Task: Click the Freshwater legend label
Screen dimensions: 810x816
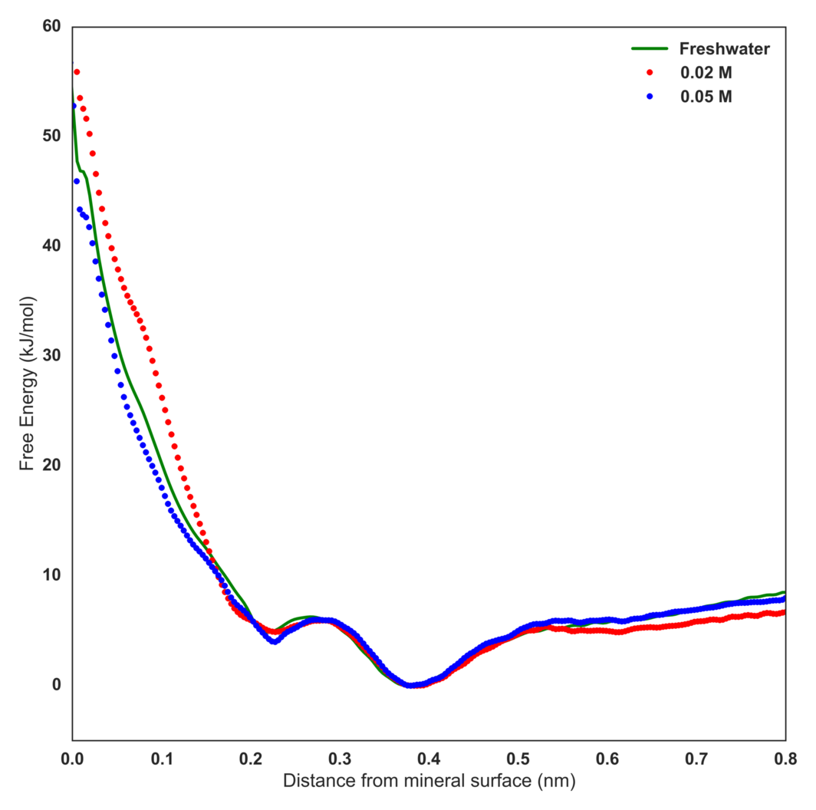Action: pyautogui.click(x=724, y=49)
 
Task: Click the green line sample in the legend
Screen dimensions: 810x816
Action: pyautogui.click(x=648, y=49)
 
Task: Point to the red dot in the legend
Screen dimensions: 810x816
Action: pyautogui.click(x=649, y=73)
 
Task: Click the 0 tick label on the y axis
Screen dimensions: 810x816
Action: pyautogui.click(x=55, y=684)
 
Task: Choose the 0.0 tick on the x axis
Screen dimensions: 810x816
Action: pyautogui.click(x=72, y=759)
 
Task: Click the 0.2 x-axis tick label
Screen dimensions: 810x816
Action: pyautogui.click(x=251, y=759)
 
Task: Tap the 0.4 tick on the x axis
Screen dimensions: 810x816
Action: pyautogui.click(x=429, y=759)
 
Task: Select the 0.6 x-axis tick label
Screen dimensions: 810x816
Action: pyautogui.click(x=607, y=759)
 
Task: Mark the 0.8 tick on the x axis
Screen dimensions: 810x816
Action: pyautogui.click(x=784, y=759)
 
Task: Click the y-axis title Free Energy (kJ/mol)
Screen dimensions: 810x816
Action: pyautogui.click(x=27, y=383)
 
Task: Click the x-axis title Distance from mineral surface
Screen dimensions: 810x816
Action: pyautogui.click(x=429, y=782)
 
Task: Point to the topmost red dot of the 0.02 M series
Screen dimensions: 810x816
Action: pyautogui.click(x=77, y=72)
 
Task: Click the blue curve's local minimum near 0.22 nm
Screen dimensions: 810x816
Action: pyautogui.click(x=274, y=641)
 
